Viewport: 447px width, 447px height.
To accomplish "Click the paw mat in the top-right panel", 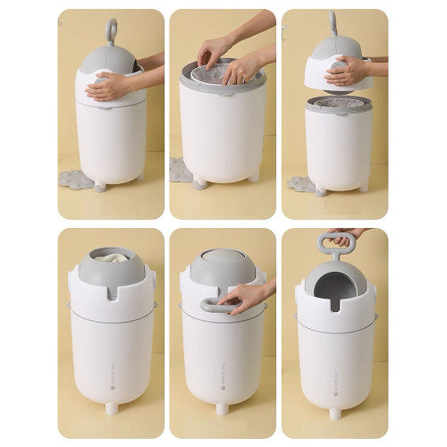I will [300, 184].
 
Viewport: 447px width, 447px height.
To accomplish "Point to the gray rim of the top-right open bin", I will [339, 105].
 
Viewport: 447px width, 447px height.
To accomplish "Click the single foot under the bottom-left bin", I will [110, 409].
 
